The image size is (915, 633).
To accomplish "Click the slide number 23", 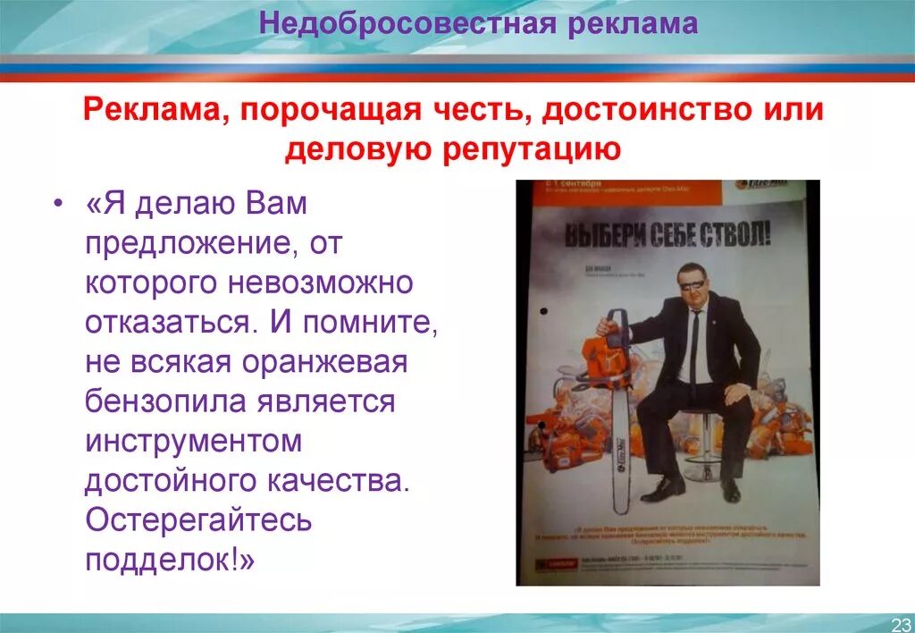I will click(x=900, y=623).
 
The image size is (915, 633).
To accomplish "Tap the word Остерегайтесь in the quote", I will click(x=198, y=520).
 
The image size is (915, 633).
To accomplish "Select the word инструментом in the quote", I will click(x=194, y=442).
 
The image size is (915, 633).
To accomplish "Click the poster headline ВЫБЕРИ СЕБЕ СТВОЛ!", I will click(x=667, y=236).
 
